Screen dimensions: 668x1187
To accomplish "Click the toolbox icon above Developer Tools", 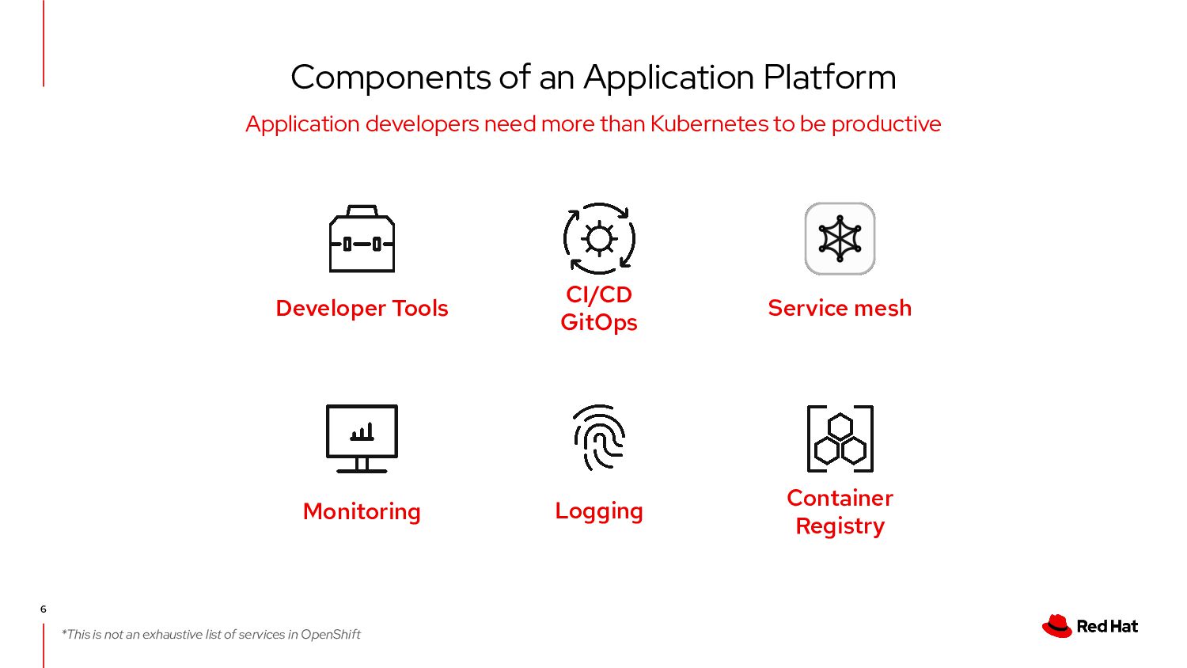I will tap(362, 240).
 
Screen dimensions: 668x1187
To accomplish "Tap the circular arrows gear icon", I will tap(599, 238).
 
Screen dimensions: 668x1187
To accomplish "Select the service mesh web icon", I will tap(840, 238).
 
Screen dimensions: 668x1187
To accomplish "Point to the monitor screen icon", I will tap(362, 438).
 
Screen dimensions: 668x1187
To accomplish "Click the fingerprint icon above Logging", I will tap(599, 437).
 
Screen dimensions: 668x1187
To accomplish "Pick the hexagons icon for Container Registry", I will tap(840, 438).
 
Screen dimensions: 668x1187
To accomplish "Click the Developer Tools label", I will tap(362, 308).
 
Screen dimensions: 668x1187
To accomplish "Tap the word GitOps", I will tap(599, 323).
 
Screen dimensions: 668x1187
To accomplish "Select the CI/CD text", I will tap(599, 294).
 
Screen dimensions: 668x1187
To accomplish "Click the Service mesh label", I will tap(840, 308).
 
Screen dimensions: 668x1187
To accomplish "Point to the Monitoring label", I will tap(362, 512).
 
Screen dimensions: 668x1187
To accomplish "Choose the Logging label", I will tap(599, 511).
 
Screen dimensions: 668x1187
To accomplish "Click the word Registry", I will tap(840, 526).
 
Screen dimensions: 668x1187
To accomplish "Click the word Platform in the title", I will tap(829, 78).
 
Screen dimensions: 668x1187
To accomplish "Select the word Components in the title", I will tap(391, 78).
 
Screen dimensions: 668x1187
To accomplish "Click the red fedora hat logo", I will tap(1056, 626).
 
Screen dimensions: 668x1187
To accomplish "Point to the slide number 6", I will tap(44, 609).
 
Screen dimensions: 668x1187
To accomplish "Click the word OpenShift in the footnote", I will tap(331, 635).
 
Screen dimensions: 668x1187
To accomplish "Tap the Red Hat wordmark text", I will tap(1107, 627).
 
